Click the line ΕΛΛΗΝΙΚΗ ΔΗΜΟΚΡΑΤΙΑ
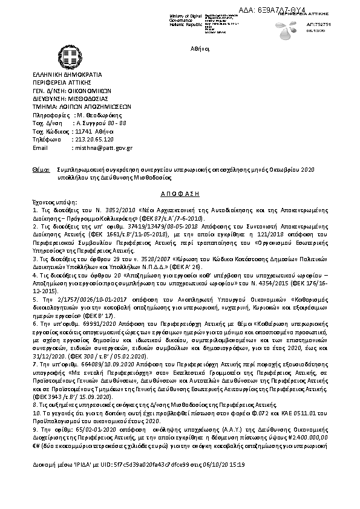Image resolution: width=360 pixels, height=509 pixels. point(67,74)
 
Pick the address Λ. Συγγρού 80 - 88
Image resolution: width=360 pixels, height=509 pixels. point(99,122)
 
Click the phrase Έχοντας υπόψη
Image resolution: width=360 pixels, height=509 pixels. point(51,199)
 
